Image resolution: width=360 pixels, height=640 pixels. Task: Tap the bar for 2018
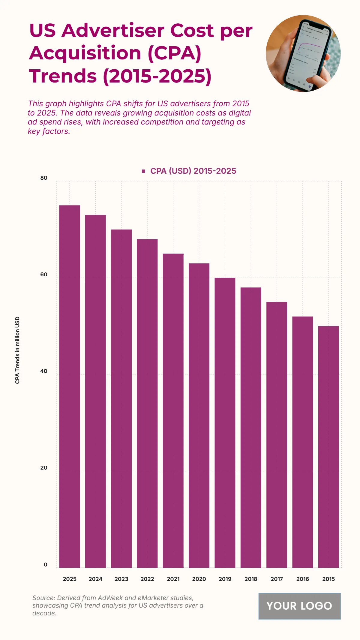click(x=251, y=427)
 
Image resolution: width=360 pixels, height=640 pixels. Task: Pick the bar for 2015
click(x=328, y=447)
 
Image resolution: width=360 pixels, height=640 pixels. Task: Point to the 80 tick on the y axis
click(x=44, y=178)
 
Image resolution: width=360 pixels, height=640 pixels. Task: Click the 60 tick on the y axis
click(x=44, y=275)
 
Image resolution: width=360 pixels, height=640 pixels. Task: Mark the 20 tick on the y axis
click(x=44, y=468)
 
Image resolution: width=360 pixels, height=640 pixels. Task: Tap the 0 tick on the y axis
click(x=45, y=564)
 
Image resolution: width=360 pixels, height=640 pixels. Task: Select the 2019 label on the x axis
click(x=225, y=579)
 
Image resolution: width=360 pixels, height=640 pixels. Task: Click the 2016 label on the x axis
click(x=302, y=579)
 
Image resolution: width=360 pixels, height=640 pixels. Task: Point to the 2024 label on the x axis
click(x=95, y=579)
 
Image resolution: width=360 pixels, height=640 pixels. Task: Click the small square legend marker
click(x=143, y=171)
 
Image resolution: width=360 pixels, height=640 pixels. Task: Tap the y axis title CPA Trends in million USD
click(x=17, y=350)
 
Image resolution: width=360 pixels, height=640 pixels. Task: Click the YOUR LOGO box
click(x=299, y=606)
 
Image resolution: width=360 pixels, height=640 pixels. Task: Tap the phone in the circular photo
click(x=309, y=56)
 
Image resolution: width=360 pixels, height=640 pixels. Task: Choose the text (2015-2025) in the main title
click(x=157, y=76)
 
